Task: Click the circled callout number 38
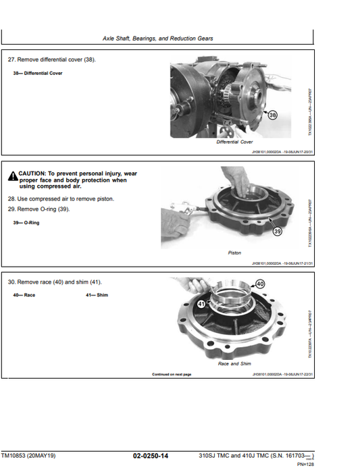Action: click(x=272, y=115)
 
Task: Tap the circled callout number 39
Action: click(x=277, y=232)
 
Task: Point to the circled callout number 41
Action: click(x=201, y=305)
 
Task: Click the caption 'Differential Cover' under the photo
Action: click(x=234, y=142)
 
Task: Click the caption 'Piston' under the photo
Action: click(x=234, y=253)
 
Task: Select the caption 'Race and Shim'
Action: click(x=234, y=363)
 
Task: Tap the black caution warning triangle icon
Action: click(x=13, y=177)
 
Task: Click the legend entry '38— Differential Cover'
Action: click(x=37, y=73)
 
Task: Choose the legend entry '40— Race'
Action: click(x=24, y=295)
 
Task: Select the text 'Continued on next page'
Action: click(x=172, y=373)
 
